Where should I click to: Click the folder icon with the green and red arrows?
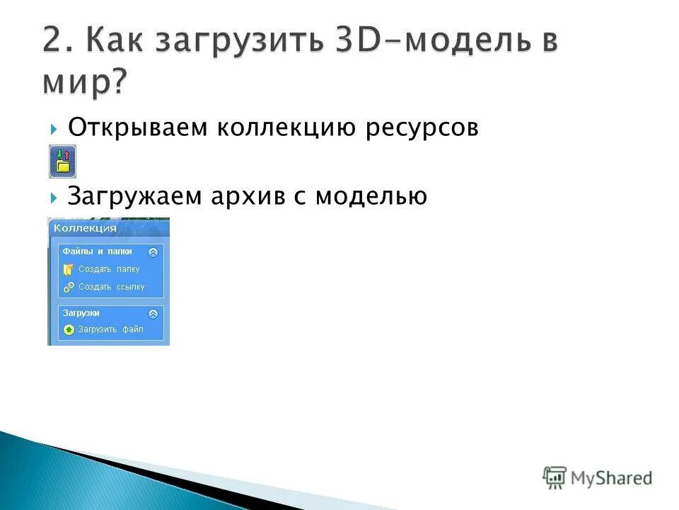(62, 161)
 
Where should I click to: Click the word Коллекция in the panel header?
(85, 228)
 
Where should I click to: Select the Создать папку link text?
(109, 269)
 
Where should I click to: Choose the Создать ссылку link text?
(111, 287)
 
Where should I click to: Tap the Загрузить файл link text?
(110, 329)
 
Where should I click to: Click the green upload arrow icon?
(69, 329)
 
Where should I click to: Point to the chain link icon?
(69, 287)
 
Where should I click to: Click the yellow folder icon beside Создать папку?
(69, 269)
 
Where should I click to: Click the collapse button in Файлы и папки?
(153, 251)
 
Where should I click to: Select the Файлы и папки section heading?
(97, 251)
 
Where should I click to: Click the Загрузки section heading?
(81, 312)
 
